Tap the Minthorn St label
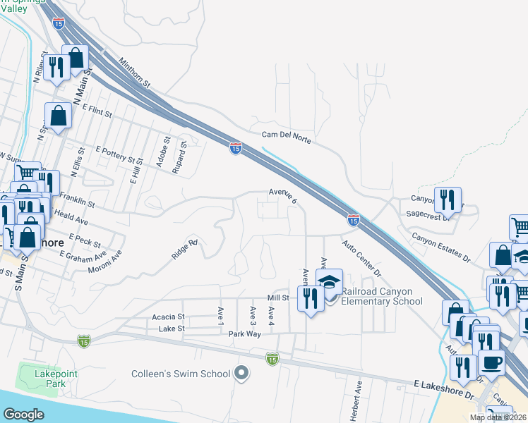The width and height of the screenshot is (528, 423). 135,73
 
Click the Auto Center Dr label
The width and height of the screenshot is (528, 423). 361,258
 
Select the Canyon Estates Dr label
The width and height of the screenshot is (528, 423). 441,247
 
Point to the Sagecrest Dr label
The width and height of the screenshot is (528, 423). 429,218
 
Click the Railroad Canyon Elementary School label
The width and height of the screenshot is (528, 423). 382,296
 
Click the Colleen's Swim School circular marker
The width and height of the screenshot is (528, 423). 242,373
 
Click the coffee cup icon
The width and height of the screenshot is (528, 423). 491,363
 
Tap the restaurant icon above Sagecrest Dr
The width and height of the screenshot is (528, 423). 448,200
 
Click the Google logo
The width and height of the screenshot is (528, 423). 24,415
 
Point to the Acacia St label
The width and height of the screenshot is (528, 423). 168,318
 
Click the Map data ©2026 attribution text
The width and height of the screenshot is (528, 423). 498,417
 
